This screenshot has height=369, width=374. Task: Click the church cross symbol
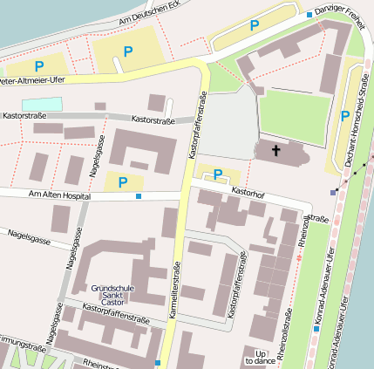point(276,151)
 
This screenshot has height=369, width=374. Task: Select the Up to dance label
point(261,355)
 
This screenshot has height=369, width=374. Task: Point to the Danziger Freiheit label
point(339,14)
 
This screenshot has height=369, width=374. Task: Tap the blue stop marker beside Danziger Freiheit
point(309,15)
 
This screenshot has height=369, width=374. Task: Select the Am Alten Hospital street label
point(60,195)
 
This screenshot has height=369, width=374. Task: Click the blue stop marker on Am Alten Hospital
point(139,196)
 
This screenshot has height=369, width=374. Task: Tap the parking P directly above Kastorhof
point(218,173)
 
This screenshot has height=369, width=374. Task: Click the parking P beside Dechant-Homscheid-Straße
point(345,115)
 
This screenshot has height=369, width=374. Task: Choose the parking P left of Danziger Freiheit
point(255,26)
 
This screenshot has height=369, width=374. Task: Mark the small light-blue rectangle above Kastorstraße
point(43,104)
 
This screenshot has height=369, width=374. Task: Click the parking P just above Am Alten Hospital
point(123,181)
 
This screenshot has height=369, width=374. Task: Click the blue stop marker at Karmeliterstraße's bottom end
point(158,362)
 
